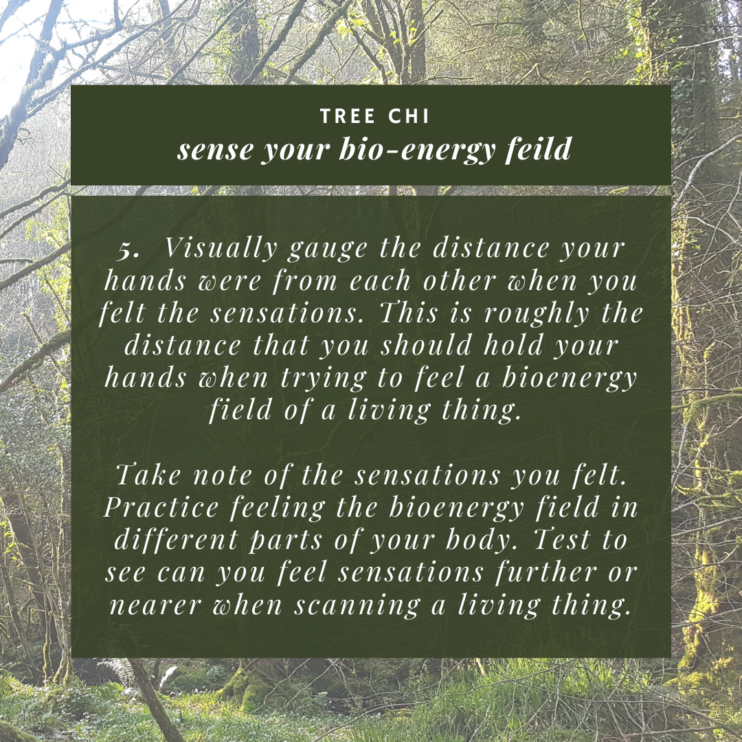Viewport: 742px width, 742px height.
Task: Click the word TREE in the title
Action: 348,116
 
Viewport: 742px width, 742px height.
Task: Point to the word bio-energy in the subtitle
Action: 417,150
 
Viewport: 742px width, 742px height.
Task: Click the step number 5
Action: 128,249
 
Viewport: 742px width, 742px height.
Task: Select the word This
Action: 409,313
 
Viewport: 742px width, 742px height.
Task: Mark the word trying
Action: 324,379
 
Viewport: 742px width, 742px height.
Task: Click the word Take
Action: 148,474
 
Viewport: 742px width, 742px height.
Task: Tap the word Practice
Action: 161,507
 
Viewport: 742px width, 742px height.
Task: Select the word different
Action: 176,539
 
